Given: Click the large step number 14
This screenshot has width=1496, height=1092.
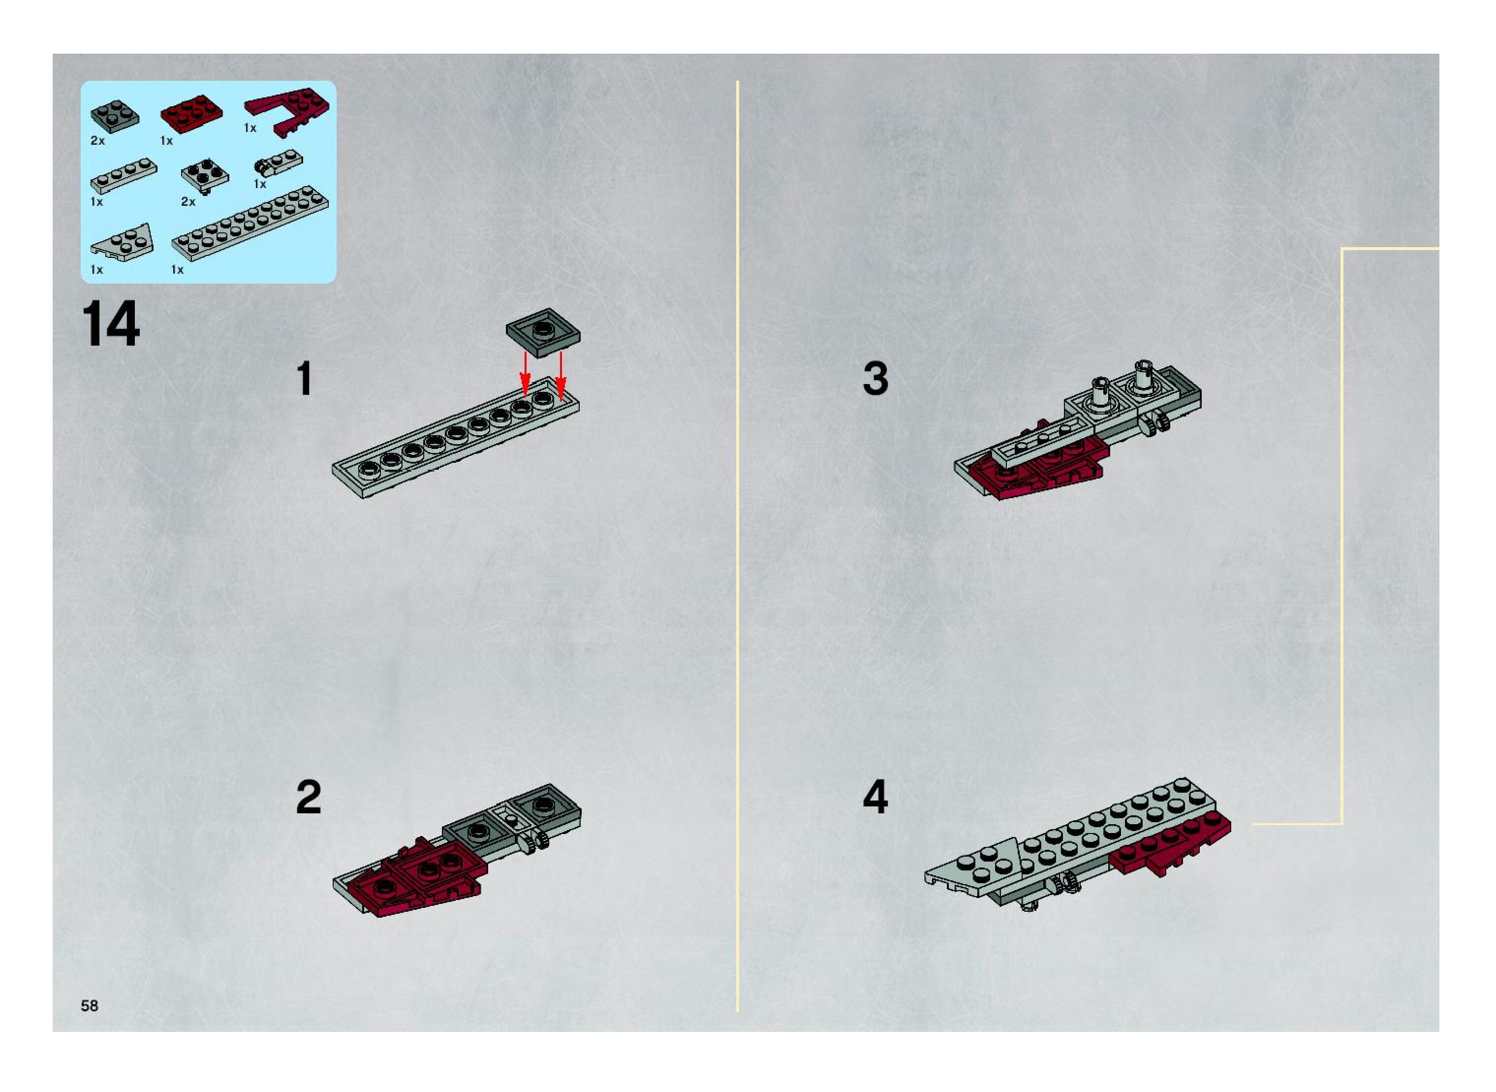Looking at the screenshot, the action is (110, 323).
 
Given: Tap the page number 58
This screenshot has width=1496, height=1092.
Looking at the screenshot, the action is (89, 1005).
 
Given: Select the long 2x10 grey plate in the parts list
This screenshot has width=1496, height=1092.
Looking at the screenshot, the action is (250, 222).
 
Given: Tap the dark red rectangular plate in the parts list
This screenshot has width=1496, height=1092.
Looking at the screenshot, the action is (191, 114).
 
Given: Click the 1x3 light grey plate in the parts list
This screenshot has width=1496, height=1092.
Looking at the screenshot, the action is (124, 175).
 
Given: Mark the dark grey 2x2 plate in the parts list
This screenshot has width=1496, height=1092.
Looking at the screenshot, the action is (115, 116).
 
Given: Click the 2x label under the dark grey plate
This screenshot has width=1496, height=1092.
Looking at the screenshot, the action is (98, 141).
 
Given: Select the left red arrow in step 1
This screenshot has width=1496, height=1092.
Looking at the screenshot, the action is (525, 374).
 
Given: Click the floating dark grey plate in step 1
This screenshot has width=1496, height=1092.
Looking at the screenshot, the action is (543, 332).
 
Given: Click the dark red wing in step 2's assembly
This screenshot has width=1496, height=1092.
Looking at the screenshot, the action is (410, 879).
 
